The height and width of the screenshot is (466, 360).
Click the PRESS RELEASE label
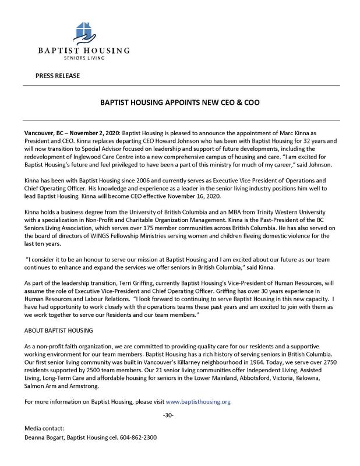58,76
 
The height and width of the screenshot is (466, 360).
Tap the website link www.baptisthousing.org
199,401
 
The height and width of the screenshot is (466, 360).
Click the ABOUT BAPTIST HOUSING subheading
59,330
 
